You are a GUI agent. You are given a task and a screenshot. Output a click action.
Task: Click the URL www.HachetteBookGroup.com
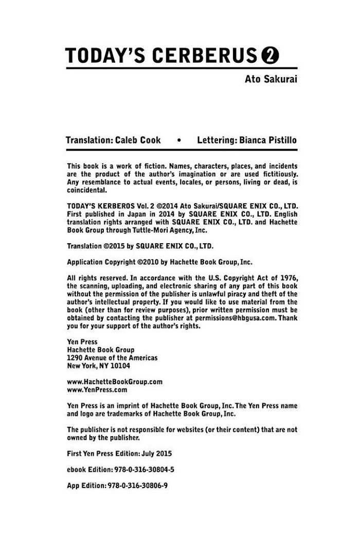coord(115,382)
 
